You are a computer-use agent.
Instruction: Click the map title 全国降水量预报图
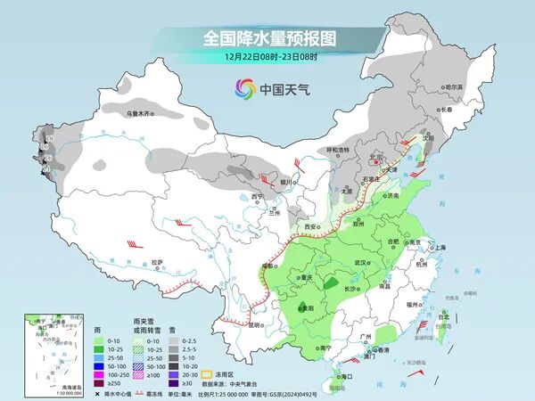pyautogui.click(x=267, y=38)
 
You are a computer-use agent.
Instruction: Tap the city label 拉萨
pyautogui.click(x=157, y=262)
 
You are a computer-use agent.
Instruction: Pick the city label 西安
pyautogui.click(x=312, y=227)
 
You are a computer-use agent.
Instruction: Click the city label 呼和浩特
pyautogui.click(x=337, y=150)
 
